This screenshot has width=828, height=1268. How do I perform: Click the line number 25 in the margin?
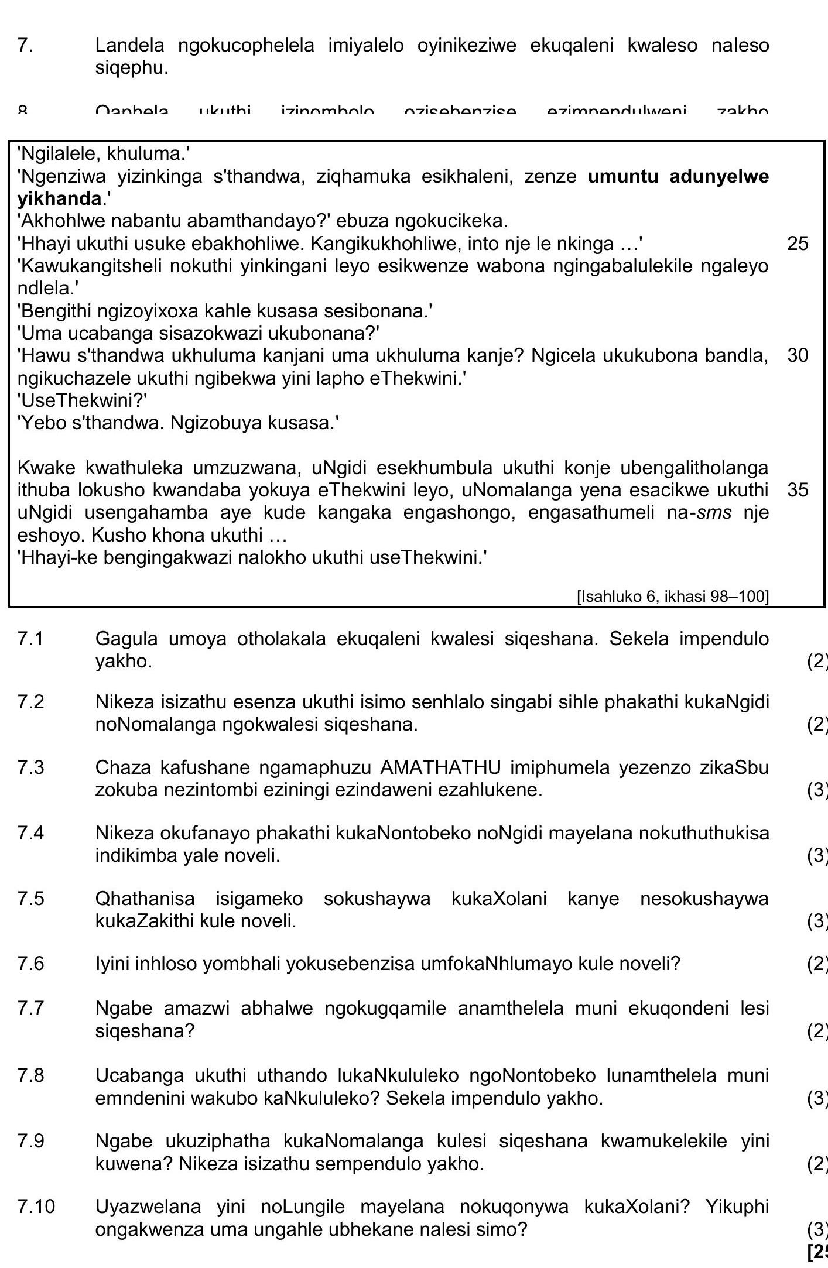(798, 244)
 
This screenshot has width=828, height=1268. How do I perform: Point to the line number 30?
(798, 355)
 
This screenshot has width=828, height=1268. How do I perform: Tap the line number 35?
(798, 489)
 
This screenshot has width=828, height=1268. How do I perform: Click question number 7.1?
(30, 639)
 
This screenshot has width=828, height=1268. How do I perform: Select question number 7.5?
(30, 899)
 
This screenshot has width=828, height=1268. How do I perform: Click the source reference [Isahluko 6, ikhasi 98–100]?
(672, 597)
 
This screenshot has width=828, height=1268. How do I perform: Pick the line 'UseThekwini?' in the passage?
(82, 400)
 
